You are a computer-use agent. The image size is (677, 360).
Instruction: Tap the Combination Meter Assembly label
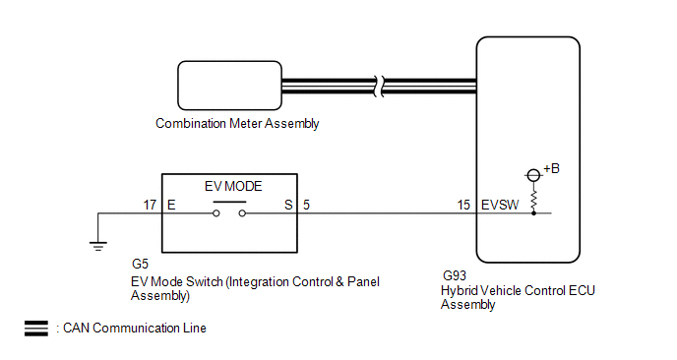[237, 124]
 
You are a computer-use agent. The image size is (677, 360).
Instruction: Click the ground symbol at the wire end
[98, 247]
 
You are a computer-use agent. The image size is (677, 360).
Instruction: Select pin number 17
[150, 205]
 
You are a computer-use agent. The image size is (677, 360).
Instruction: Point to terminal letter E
[171, 205]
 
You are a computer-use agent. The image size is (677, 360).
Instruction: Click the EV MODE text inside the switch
[233, 186]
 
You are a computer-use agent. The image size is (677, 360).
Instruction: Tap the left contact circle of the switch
[216, 213]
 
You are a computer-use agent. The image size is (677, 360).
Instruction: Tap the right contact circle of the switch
[242, 213]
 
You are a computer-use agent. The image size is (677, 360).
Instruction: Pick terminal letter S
[288, 205]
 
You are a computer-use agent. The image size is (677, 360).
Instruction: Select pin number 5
[306, 205]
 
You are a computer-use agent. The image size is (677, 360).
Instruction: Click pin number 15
[463, 205]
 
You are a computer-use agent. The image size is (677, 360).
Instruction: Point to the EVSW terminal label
[500, 205]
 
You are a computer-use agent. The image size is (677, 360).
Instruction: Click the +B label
[551, 168]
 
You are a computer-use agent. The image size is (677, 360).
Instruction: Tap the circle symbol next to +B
[533, 175]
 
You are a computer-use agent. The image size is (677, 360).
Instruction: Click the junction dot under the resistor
[533, 213]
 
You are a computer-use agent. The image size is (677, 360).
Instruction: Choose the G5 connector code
[140, 264]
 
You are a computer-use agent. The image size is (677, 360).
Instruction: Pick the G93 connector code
[455, 275]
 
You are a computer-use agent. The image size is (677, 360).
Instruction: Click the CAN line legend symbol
[36, 329]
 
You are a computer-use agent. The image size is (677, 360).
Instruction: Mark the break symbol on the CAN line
[379, 86]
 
